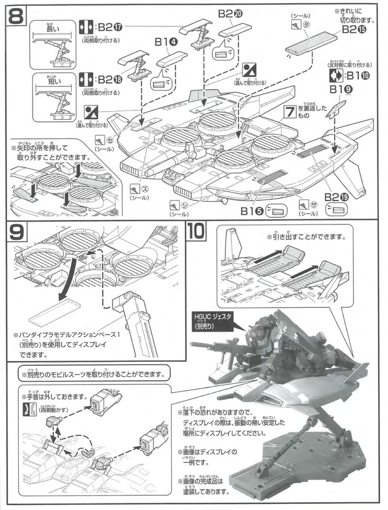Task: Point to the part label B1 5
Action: (253, 211)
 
